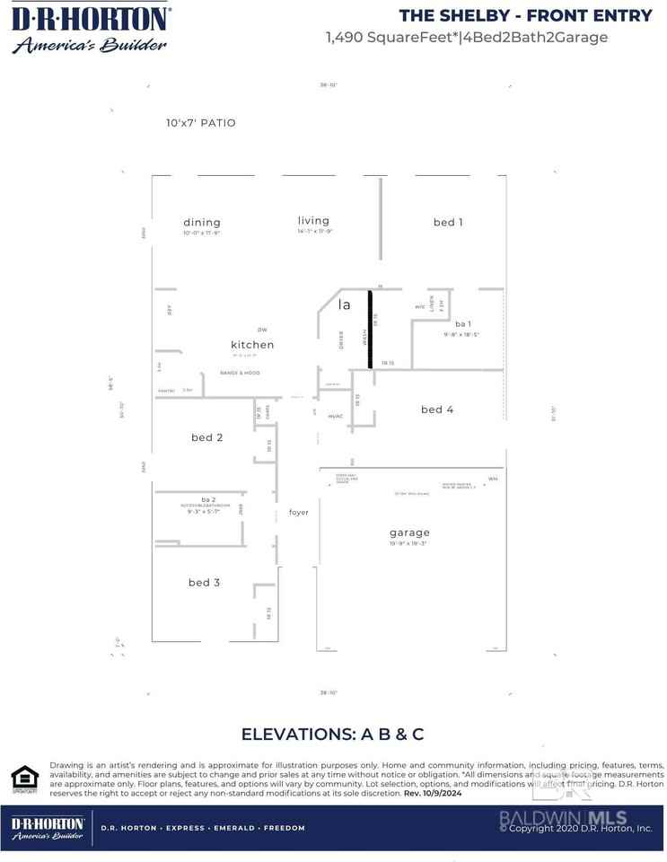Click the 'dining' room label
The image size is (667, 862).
[x=202, y=223]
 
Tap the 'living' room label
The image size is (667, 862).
[x=313, y=221]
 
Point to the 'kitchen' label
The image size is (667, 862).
[x=252, y=345]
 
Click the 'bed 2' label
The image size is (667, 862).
[x=206, y=437]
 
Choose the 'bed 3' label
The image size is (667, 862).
[x=204, y=583]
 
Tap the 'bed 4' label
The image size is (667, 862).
[x=437, y=409]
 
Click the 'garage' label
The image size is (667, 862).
[x=409, y=532]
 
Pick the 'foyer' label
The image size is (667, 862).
[x=299, y=513]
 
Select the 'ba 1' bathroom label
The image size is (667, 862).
[x=463, y=324]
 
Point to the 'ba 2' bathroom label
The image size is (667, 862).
[x=208, y=499]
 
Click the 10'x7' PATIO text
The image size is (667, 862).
[x=200, y=123]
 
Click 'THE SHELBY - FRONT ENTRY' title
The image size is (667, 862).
[x=525, y=15]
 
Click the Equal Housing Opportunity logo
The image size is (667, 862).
[x=24, y=778]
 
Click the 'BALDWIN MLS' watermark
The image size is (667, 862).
[x=563, y=817]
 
